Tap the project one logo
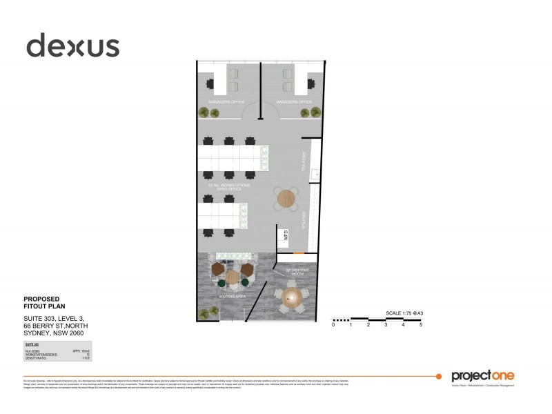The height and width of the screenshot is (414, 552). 482,376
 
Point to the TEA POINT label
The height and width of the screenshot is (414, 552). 302,163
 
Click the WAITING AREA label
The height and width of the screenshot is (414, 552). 233,296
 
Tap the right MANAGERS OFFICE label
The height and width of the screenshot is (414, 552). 294,102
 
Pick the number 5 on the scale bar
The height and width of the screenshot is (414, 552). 420,324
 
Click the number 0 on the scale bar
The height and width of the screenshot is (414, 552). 333,324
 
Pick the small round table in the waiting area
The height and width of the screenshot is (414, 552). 233,277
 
